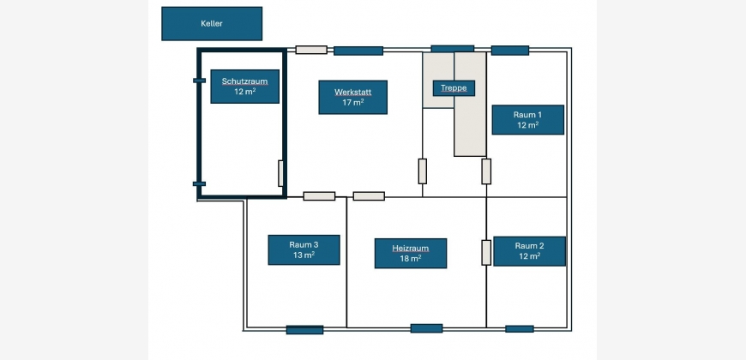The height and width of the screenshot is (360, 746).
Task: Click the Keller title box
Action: (212, 24)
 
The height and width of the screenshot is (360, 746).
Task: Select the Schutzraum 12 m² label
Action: (245, 87)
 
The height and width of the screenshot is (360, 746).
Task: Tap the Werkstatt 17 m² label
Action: (352, 97)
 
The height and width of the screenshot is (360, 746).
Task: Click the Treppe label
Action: (454, 88)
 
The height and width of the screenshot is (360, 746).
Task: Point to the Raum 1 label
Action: (527, 120)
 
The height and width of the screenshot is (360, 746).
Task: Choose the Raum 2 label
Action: (529, 251)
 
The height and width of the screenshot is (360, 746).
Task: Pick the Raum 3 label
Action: (304, 249)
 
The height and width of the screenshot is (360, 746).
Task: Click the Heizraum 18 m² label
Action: (411, 253)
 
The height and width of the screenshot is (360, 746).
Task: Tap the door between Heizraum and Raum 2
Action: (486, 253)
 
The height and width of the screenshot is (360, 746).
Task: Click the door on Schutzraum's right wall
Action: (281, 173)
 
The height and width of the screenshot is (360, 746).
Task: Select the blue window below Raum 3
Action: (304, 329)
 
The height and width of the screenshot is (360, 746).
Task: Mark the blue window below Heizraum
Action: (426, 328)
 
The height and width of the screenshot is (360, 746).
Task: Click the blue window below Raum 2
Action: (520, 328)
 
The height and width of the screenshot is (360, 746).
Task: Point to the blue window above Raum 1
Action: (510, 50)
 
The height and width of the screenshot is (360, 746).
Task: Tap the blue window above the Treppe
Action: (452, 48)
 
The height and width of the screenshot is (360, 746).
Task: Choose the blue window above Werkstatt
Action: (358, 51)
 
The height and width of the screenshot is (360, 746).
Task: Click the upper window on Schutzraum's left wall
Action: (199, 81)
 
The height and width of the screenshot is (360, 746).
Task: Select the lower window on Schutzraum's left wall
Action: (199, 183)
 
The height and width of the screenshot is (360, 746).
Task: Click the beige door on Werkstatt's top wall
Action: (311, 50)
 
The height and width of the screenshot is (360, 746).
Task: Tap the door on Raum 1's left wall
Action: (486, 171)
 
